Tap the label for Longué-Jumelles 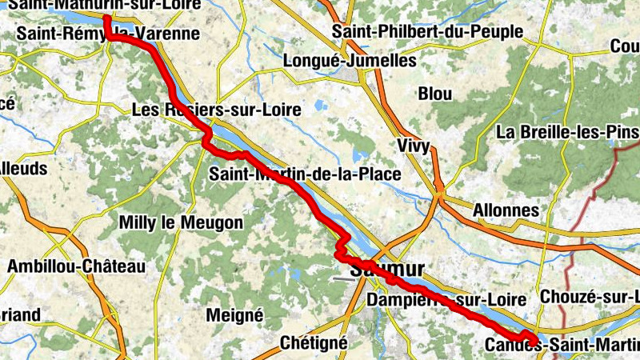(350, 61)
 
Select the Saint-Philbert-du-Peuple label (428, 32)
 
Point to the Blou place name (434, 93)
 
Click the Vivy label (414, 146)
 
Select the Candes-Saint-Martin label (562, 345)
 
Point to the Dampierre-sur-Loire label (446, 299)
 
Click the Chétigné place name (314, 342)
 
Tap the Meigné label (234, 314)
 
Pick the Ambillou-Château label (76, 266)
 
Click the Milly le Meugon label (180, 222)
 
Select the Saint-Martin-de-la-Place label (305, 174)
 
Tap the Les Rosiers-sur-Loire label (216, 110)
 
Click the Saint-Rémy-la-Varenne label (107, 34)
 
